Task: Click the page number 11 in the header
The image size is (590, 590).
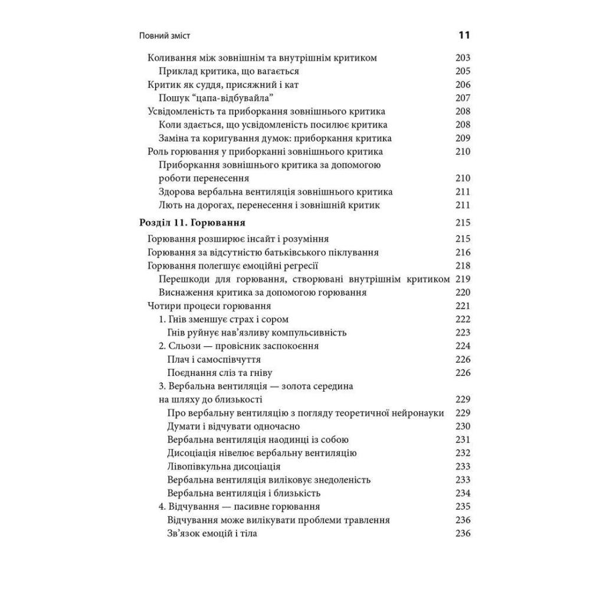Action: tap(463, 35)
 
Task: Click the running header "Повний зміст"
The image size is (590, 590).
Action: tap(166, 36)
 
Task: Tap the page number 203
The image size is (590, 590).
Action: tap(463, 58)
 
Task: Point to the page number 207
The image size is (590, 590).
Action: tap(463, 98)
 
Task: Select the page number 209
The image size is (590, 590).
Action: tap(463, 138)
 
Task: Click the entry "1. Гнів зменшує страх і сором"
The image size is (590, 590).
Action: tap(225, 319)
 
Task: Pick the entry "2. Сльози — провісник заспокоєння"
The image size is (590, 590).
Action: tap(239, 346)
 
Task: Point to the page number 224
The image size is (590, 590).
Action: tap(463, 346)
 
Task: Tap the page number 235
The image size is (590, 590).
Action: tap(463, 506)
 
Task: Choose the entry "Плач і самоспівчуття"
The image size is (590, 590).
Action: tap(214, 359)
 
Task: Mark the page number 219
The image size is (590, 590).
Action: tap(463, 278)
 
